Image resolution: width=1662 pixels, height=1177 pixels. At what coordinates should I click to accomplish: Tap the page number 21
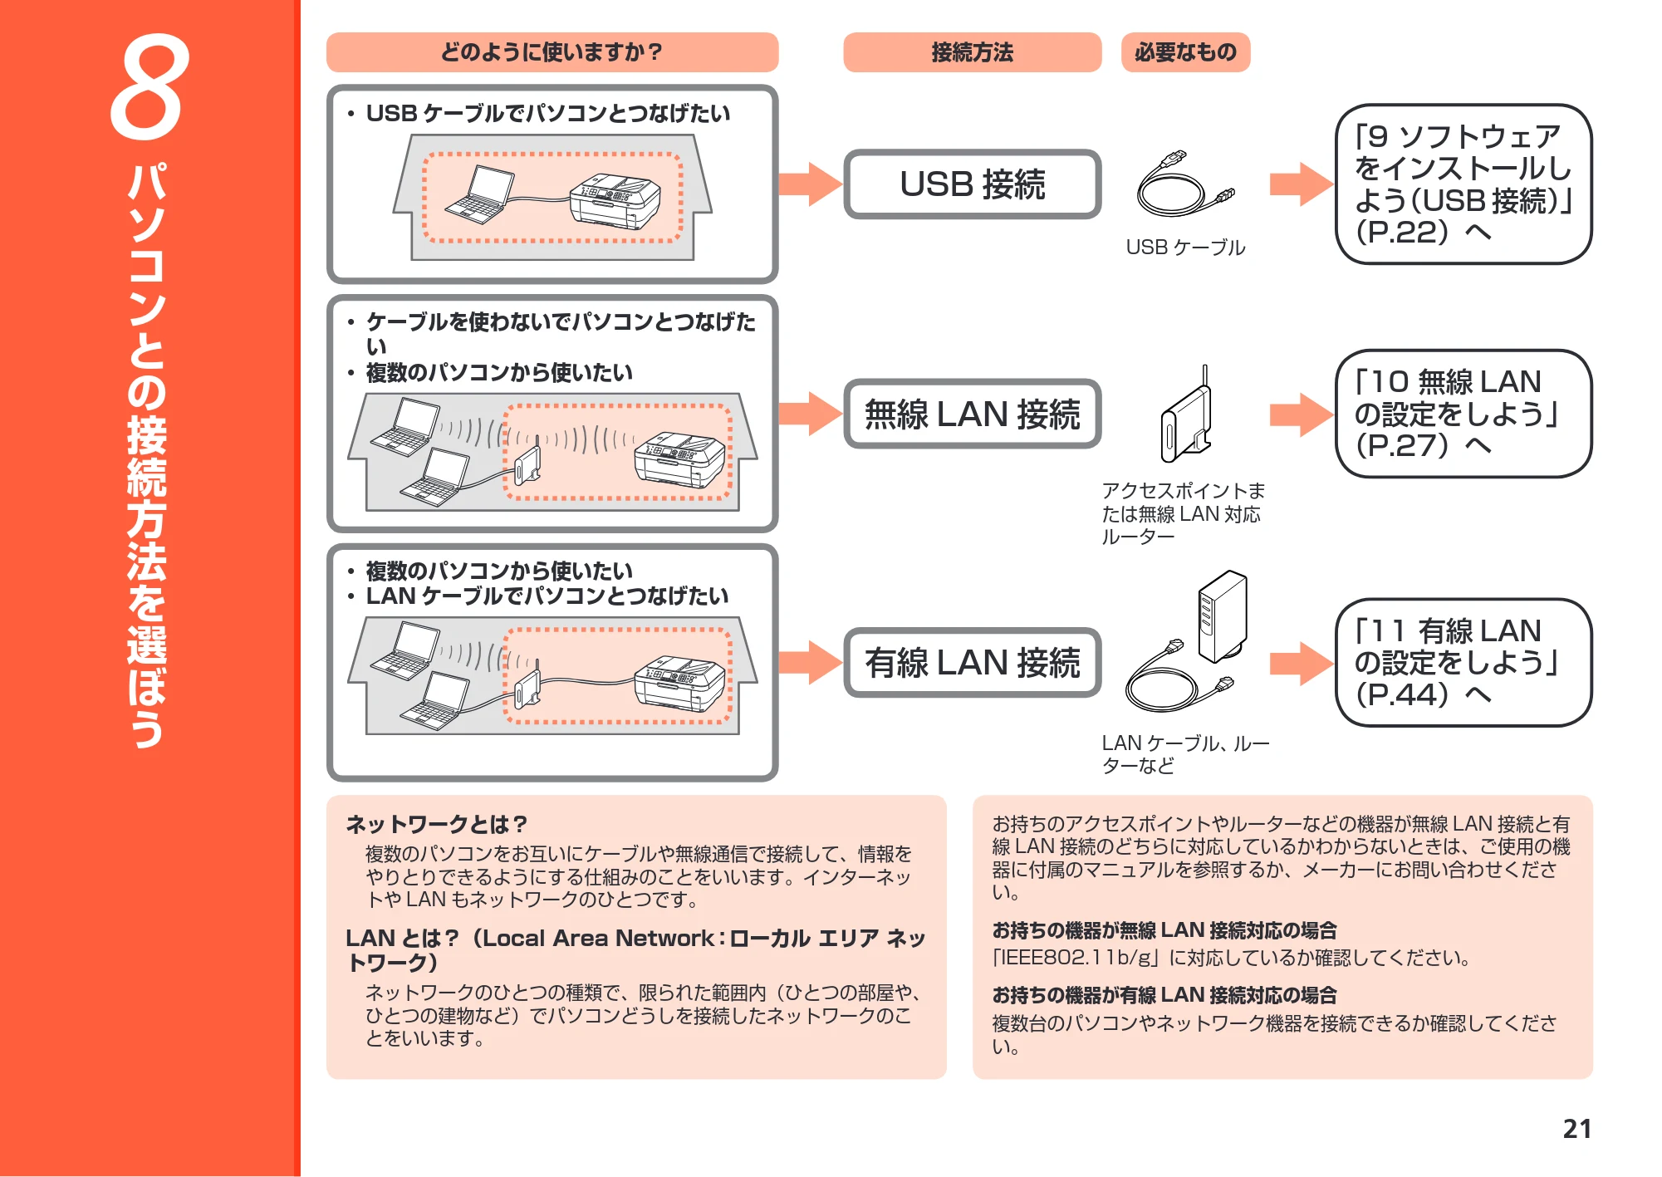point(1576,1128)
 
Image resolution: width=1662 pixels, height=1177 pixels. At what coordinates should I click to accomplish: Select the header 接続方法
point(972,52)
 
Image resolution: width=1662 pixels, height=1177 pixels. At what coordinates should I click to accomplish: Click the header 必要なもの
point(1185,52)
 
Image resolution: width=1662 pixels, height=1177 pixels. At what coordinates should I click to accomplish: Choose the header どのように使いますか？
point(552,52)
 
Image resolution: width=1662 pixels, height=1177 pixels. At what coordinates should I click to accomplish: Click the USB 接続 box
point(972,184)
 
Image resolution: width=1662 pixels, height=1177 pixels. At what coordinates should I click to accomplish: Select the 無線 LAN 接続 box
point(972,414)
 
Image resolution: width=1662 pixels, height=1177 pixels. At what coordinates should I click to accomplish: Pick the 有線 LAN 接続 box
point(972,663)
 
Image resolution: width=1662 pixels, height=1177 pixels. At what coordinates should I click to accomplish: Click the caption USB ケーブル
point(1185,247)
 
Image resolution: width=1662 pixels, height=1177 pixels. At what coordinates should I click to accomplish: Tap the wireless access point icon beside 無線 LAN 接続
point(1186,414)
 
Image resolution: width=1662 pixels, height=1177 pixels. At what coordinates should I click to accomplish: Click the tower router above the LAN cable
point(1222,615)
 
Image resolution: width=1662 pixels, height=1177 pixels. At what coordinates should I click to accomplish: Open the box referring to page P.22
point(1463,184)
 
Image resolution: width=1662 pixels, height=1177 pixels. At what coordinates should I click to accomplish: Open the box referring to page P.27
point(1463,414)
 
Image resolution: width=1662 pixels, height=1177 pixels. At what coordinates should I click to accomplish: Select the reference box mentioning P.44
point(1463,663)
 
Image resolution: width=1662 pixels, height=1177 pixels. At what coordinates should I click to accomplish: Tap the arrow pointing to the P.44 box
point(1302,663)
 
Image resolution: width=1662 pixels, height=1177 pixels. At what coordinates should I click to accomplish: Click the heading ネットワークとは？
point(437,824)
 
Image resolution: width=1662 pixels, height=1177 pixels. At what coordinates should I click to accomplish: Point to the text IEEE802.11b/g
point(1078,958)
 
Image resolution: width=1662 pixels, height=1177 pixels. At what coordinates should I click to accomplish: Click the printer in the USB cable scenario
point(615,202)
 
